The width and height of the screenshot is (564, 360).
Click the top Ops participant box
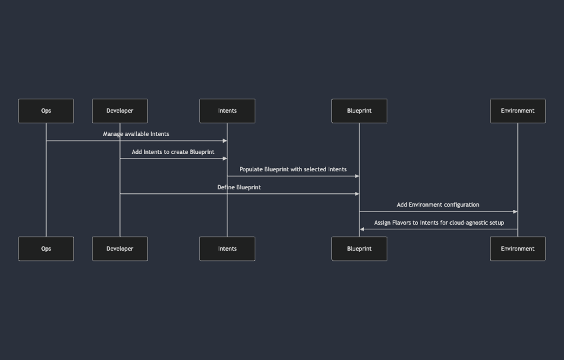tap(46, 111)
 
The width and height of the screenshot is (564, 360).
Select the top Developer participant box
tap(120, 111)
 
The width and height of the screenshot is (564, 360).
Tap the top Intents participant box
tap(227, 111)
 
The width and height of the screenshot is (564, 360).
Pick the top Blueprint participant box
tap(359, 111)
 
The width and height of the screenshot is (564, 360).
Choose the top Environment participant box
tap(517, 111)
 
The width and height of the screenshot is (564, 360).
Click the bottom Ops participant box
tap(46, 249)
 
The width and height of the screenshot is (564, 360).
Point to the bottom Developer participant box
tap(120, 249)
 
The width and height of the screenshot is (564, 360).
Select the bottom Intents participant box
tap(227, 249)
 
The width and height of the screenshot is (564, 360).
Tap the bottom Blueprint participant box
tap(359, 249)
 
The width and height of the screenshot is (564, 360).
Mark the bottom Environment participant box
tap(517, 249)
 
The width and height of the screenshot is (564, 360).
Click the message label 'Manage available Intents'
tap(136, 134)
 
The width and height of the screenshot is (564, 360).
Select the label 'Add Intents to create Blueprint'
tap(173, 152)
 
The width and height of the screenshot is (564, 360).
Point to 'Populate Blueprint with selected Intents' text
tap(293, 169)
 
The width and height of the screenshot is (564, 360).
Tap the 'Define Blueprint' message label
tap(239, 187)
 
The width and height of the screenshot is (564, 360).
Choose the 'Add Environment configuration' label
tap(438, 205)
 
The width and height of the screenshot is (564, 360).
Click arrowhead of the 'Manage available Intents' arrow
tap(225, 141)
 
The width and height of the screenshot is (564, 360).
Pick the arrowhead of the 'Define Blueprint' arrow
tap(357, 194)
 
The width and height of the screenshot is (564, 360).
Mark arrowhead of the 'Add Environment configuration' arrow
tap(515, 212)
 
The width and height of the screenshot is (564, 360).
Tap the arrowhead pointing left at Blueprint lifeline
tap(362, 229)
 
